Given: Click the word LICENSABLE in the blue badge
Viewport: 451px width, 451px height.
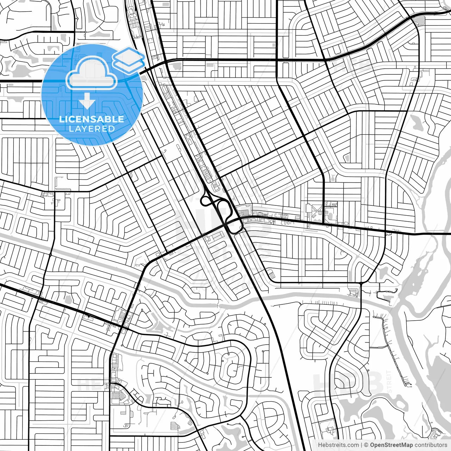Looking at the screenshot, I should tap(92, 119).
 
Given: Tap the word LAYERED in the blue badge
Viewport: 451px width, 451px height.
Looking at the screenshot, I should tap(92, 129).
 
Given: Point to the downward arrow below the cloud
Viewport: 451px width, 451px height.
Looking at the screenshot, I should tap(87, 103).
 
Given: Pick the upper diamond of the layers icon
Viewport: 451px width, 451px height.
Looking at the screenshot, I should tap(128, 55).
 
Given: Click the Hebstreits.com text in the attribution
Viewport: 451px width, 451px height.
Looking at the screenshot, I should tap(338, 445).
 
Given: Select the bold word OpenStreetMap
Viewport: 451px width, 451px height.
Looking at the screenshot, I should tap(391, 445).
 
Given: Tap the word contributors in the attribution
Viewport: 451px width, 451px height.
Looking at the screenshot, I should tap(431, 445).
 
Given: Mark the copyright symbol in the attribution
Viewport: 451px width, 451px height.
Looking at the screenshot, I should tap(366, 445).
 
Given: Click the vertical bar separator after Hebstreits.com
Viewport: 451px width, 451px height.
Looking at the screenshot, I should tap(362, 445).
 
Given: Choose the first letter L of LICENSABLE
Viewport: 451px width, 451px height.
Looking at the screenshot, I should tap(61, 119).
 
